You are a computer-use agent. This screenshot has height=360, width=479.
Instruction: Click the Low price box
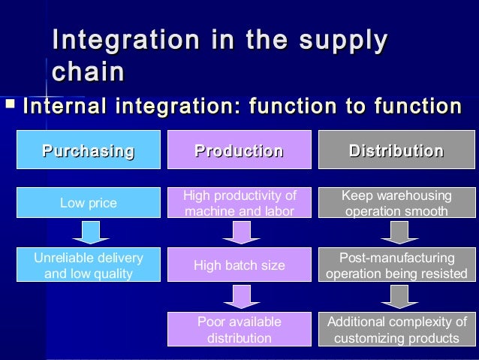pos(89,204)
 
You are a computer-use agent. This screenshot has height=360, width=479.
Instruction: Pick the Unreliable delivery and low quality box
pos(89,266)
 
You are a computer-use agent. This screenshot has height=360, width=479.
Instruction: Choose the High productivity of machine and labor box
pos(239,204)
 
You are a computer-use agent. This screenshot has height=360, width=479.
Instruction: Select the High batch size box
pos(239,265)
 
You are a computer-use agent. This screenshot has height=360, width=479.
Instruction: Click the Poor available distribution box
pos(239,330)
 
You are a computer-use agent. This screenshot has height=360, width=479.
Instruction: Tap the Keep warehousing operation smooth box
pos(396,204)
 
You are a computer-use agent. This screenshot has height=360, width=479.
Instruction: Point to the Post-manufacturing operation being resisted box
pos(396,265)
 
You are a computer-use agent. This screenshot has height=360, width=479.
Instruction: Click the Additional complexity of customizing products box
pos(396,330)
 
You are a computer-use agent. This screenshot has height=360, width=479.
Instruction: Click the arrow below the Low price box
pos(90,234)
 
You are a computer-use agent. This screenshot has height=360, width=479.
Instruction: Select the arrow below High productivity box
pos(239,234)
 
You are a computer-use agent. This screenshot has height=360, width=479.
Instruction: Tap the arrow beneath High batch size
pos(239,296)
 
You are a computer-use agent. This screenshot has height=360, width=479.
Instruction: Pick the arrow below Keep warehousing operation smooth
pos(396,234)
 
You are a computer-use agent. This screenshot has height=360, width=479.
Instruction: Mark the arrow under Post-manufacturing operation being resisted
pos(396,296)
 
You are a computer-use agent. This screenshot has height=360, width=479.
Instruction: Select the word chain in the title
pos(88,72)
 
